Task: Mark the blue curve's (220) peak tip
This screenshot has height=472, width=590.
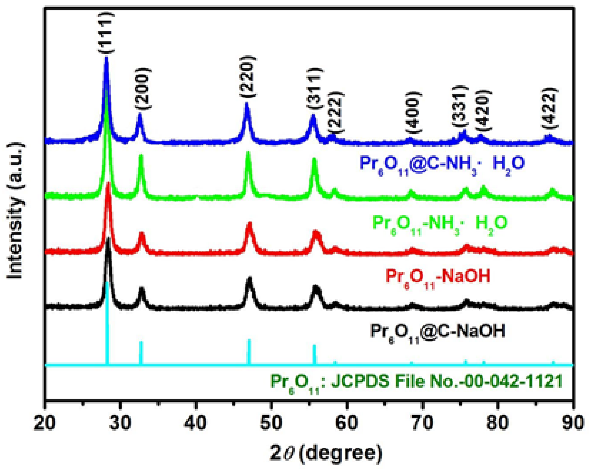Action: (x=246, y=104)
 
